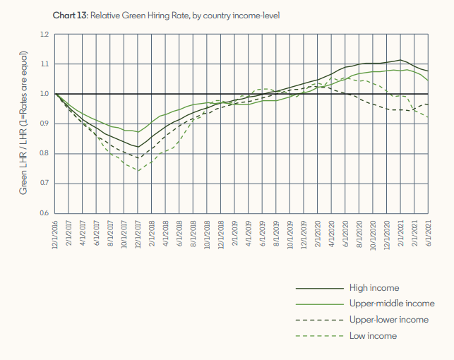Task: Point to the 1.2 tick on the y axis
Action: point(44,35)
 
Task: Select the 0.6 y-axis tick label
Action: point(44,213)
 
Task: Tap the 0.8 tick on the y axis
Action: point(44,154)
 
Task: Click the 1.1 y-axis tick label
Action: point(44,64)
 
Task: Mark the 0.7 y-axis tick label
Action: point(44,184)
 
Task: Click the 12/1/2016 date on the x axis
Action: point(56,234)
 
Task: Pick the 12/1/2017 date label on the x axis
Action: point(138,234)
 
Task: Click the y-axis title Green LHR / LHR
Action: point(24,124)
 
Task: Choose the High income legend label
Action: point(374,288)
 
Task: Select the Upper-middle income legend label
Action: point(391,304)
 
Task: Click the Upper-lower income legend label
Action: point(389,320)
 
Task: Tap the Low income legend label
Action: point(373,335)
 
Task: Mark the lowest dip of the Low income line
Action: point(138,171)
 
